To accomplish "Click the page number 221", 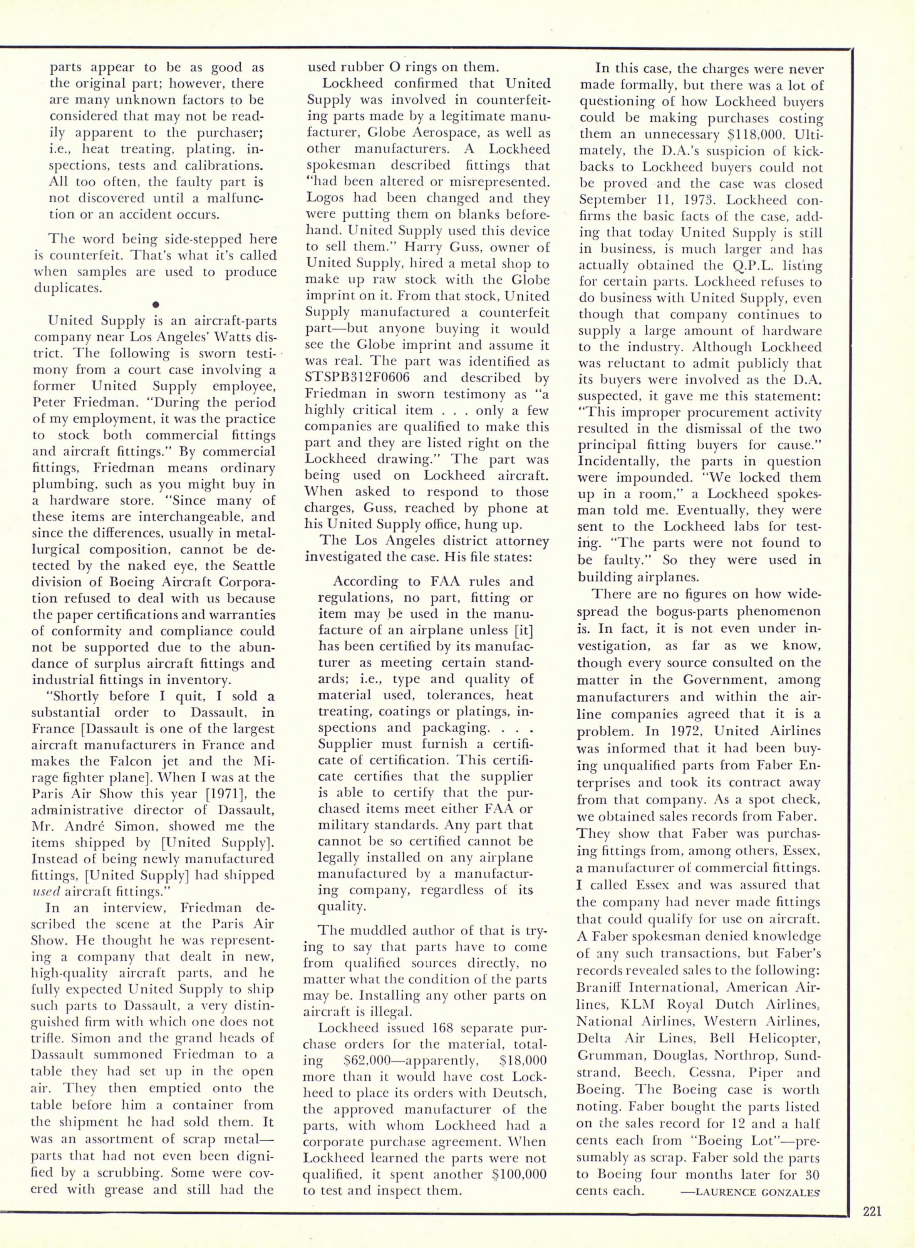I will (x=872, y=1223).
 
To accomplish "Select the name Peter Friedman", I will (x=83, y=402).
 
